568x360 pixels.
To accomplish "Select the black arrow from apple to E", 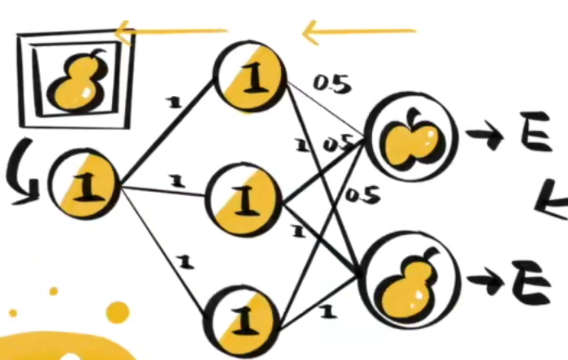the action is tap(485, 139).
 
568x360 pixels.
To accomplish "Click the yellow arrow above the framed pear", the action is tap(171, 33).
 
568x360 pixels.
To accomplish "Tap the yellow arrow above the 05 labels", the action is tap(358, 33).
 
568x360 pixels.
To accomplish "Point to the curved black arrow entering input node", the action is tap(22, 176).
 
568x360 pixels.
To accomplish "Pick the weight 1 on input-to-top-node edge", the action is tap(171, 102).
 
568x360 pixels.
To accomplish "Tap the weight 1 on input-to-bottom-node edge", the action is tap(185, 262).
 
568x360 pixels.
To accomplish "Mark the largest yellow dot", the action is tap(118, 312).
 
